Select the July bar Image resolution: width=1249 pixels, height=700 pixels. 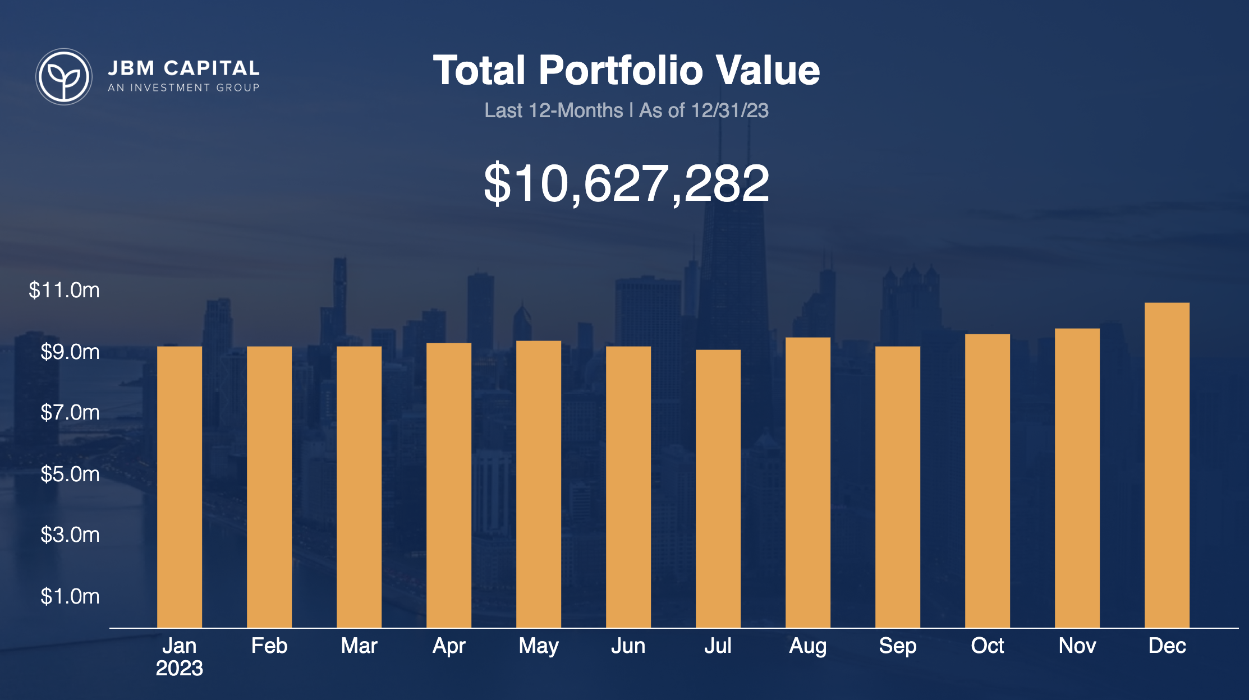pyautogui.click(x=718, y=488)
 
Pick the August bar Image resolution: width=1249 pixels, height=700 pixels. pyautogui.click(x=807, y=482)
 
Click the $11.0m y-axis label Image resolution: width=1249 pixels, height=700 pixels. pyautogui.click(x=64, y=291)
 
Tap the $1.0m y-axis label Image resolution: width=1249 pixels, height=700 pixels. pyautogui.click(x=70, y=596)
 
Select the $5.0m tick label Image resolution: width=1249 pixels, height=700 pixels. pyautogui.click(x=70, y=475)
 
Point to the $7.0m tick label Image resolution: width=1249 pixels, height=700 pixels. pyautogui.click(x=70, y=413)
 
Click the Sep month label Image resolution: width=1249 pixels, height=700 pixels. pyautogui.click(x=897, y=646)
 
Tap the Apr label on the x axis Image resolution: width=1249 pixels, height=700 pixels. pyautogui.click(x=449, y=646)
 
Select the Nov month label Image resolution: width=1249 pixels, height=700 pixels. pyautogui.click(x=1077, y=646)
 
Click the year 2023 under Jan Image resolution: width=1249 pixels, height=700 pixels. pyautogui.click(x=179, y=669)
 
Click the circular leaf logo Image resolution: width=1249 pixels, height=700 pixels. pyautogui.click(x=64, y=76)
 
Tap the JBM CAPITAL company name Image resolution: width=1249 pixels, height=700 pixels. pyautogui.click(x=183, y=68)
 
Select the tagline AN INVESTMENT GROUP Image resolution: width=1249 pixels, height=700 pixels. pyautogui.click(x=183, y=88)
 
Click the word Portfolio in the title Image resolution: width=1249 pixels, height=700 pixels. pyautogui.click(x=621, y=71)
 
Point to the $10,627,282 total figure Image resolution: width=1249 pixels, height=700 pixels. pyautogui.click(x=626, y=183)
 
